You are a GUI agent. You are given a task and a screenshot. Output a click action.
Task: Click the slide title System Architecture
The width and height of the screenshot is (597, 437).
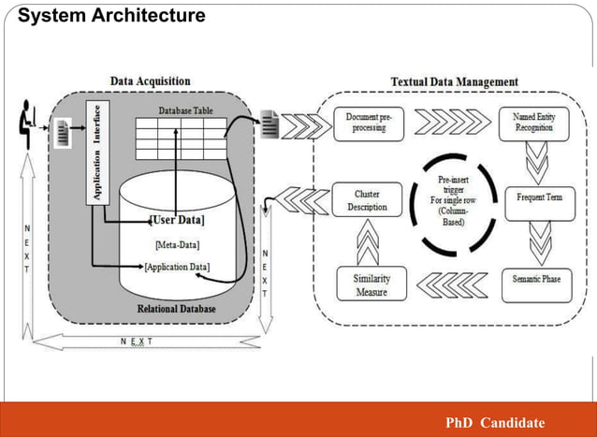tap(111, 16)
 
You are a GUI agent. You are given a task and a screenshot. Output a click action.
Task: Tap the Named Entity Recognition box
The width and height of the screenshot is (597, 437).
tap(533, 122)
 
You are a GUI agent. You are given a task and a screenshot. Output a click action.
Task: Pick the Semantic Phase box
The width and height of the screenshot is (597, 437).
tap(536, 280)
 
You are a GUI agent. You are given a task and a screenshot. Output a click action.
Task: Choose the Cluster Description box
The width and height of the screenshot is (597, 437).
tap(361, 200)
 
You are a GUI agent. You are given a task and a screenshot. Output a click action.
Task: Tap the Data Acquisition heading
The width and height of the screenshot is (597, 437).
tap(150, 81)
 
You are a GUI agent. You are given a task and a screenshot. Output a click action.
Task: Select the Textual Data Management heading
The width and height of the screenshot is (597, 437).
tap(454, 81)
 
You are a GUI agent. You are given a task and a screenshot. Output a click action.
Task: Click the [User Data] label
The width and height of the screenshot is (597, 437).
tap(177, 220)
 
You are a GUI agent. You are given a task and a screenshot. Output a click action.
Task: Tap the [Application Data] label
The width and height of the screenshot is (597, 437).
tap(177, 267)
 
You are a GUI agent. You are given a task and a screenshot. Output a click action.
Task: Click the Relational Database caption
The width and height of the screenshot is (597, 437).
tap(177, 308)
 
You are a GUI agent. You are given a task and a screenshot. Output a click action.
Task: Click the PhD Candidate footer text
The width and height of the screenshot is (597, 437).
tap(495, 422)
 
